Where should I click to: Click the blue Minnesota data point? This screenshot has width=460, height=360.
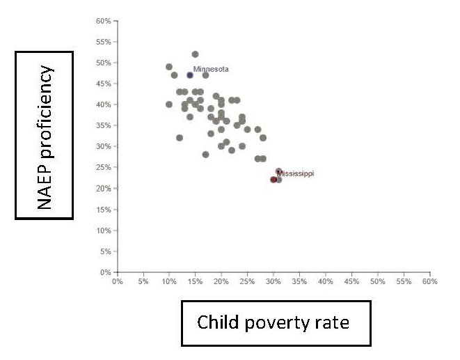pyautogui.click(x=190, y=75)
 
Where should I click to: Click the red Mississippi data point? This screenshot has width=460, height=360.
pyautogui.click(x=273, y=180)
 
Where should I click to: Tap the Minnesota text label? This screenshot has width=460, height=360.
pyautogui.click(x=211, y=69)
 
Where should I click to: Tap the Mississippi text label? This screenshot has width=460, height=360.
pyautogui.click(x=295, y=173)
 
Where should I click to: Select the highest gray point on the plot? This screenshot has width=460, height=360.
pyautogui.click(x=195, y=54)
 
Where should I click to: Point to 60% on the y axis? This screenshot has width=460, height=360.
pyautogui.click(x=103, y=21)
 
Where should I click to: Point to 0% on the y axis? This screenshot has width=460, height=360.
pyautogui.click(x=106, y=272)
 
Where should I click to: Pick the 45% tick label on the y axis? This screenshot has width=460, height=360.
pyautogui.click(x=103, y=84)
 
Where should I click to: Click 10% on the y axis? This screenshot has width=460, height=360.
pyautogui.click(x=103, y=230)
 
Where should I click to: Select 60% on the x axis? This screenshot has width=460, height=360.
pyautogui.click(x=429, y=282)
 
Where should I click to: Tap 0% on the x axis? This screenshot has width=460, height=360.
pyautogui.click(x=118, y=282)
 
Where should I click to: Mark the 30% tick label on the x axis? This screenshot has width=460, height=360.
pyautogui.click(x=273, y=282)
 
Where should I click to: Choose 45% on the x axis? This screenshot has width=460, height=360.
pyautogui.click(x=351, y=282)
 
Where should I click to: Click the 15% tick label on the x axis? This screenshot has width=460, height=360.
pyautogui.click(x=196, y=282)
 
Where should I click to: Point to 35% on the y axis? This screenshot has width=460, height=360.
pyautogui.click(x=103, y=125)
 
